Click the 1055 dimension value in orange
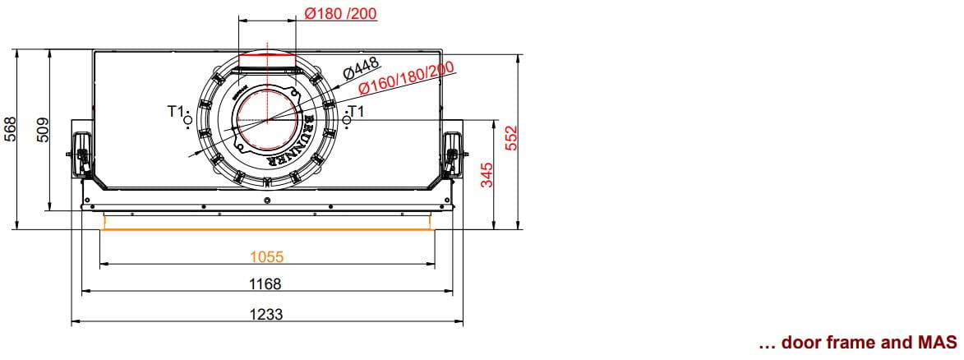point(267,256)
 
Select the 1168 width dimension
point(265,284)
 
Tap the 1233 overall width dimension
point(266,315)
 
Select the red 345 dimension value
point(487,175)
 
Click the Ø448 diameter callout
point(361,67)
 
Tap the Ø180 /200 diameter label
point(340,13)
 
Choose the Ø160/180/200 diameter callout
point(406,78)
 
